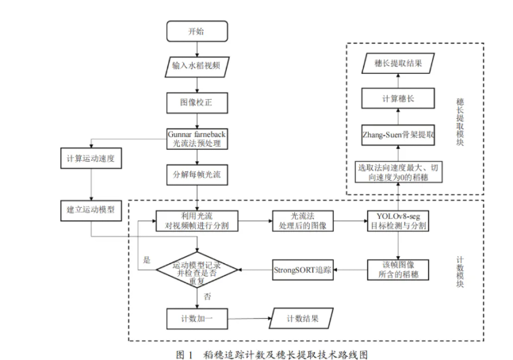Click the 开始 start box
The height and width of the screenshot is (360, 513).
(196, 32)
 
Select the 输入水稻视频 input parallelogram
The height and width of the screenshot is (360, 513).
(196, 67)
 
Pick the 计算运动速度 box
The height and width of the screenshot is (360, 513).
(91, 159)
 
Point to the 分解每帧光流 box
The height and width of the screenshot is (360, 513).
(196, 173)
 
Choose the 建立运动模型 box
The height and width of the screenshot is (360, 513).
(91, 210)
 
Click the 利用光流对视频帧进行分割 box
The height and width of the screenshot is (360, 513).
(196, 220)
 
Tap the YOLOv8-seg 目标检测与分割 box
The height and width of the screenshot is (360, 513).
(397, 220)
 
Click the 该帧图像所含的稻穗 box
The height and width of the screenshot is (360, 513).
(397, 269)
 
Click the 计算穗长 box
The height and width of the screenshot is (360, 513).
(397, 98)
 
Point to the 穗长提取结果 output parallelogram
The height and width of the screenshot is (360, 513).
(397, 62)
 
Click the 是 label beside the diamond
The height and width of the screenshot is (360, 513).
(146, 260)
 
